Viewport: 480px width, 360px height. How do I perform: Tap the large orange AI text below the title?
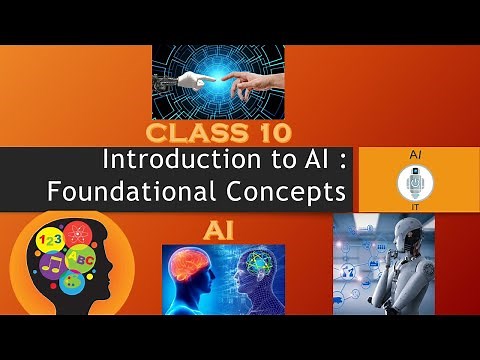point(219,230)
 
